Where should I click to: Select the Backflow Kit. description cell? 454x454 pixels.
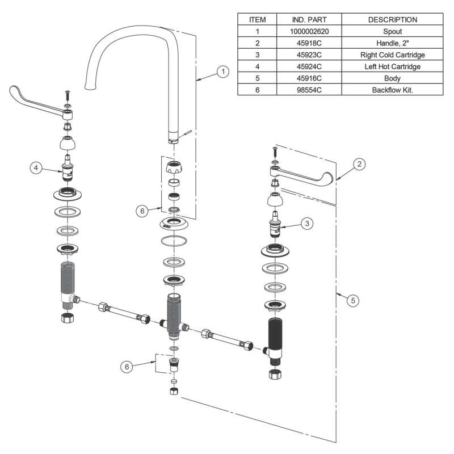coord(393,90)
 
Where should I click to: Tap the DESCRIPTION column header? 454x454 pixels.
coord(393,20)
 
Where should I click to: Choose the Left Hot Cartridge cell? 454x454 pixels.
coord(393,66)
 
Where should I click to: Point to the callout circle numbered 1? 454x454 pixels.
coord(224,72)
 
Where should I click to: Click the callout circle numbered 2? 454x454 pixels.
coord(359,164)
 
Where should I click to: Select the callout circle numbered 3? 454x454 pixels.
coord(306,224)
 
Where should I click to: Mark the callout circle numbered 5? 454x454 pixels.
coord(352,301)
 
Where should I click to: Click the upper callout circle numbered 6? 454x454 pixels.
coord(142,211)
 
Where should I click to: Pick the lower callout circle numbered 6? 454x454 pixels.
coord(128,367)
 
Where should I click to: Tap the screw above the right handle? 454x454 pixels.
coord(274,152)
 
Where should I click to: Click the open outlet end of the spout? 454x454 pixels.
coord(89,87)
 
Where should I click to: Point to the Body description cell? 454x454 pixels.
coord(393,78)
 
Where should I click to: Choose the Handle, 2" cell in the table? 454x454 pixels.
coord(393,43)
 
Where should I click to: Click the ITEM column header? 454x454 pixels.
coord(257,20)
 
